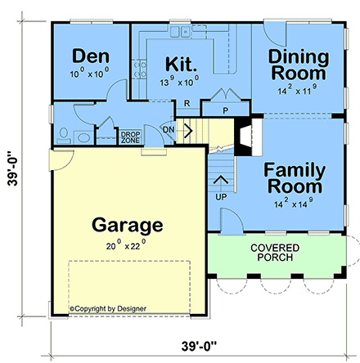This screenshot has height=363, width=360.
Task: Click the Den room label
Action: [91, 56]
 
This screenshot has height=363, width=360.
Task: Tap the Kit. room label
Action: [180, 64]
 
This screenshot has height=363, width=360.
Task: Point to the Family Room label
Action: [294, 179]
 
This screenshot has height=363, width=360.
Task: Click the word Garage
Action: [128, 224]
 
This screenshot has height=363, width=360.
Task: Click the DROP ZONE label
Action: [131, 137]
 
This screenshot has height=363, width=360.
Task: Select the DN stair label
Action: [168, 128]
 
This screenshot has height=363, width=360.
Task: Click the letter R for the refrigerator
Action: [187, 103]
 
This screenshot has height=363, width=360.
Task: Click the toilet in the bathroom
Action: [64, 133]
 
